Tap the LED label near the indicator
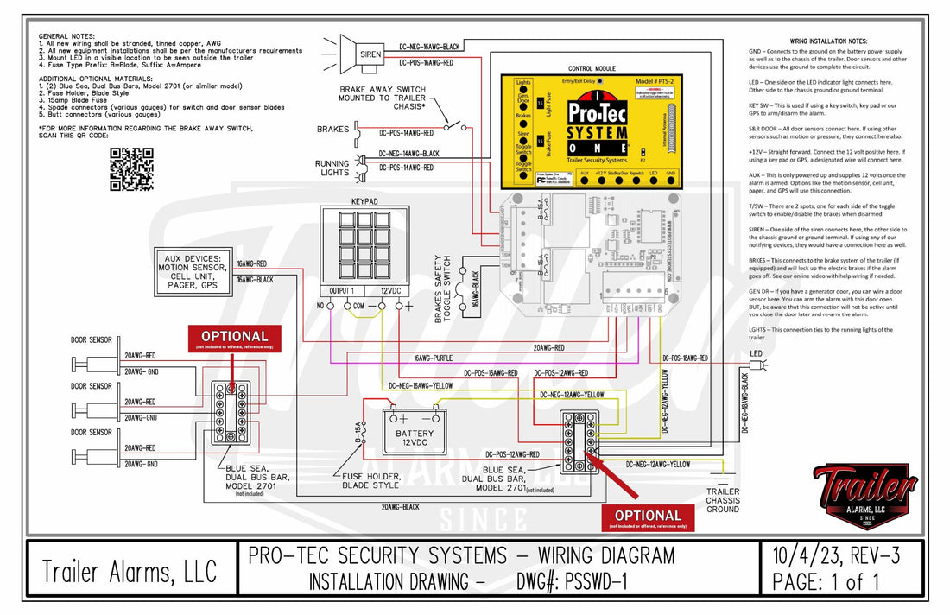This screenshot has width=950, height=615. point(756,353)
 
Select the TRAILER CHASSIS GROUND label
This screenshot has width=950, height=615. point(722,500)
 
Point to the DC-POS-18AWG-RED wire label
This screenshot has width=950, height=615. point(684,358)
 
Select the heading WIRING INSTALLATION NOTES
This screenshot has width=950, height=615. point(834,41)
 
